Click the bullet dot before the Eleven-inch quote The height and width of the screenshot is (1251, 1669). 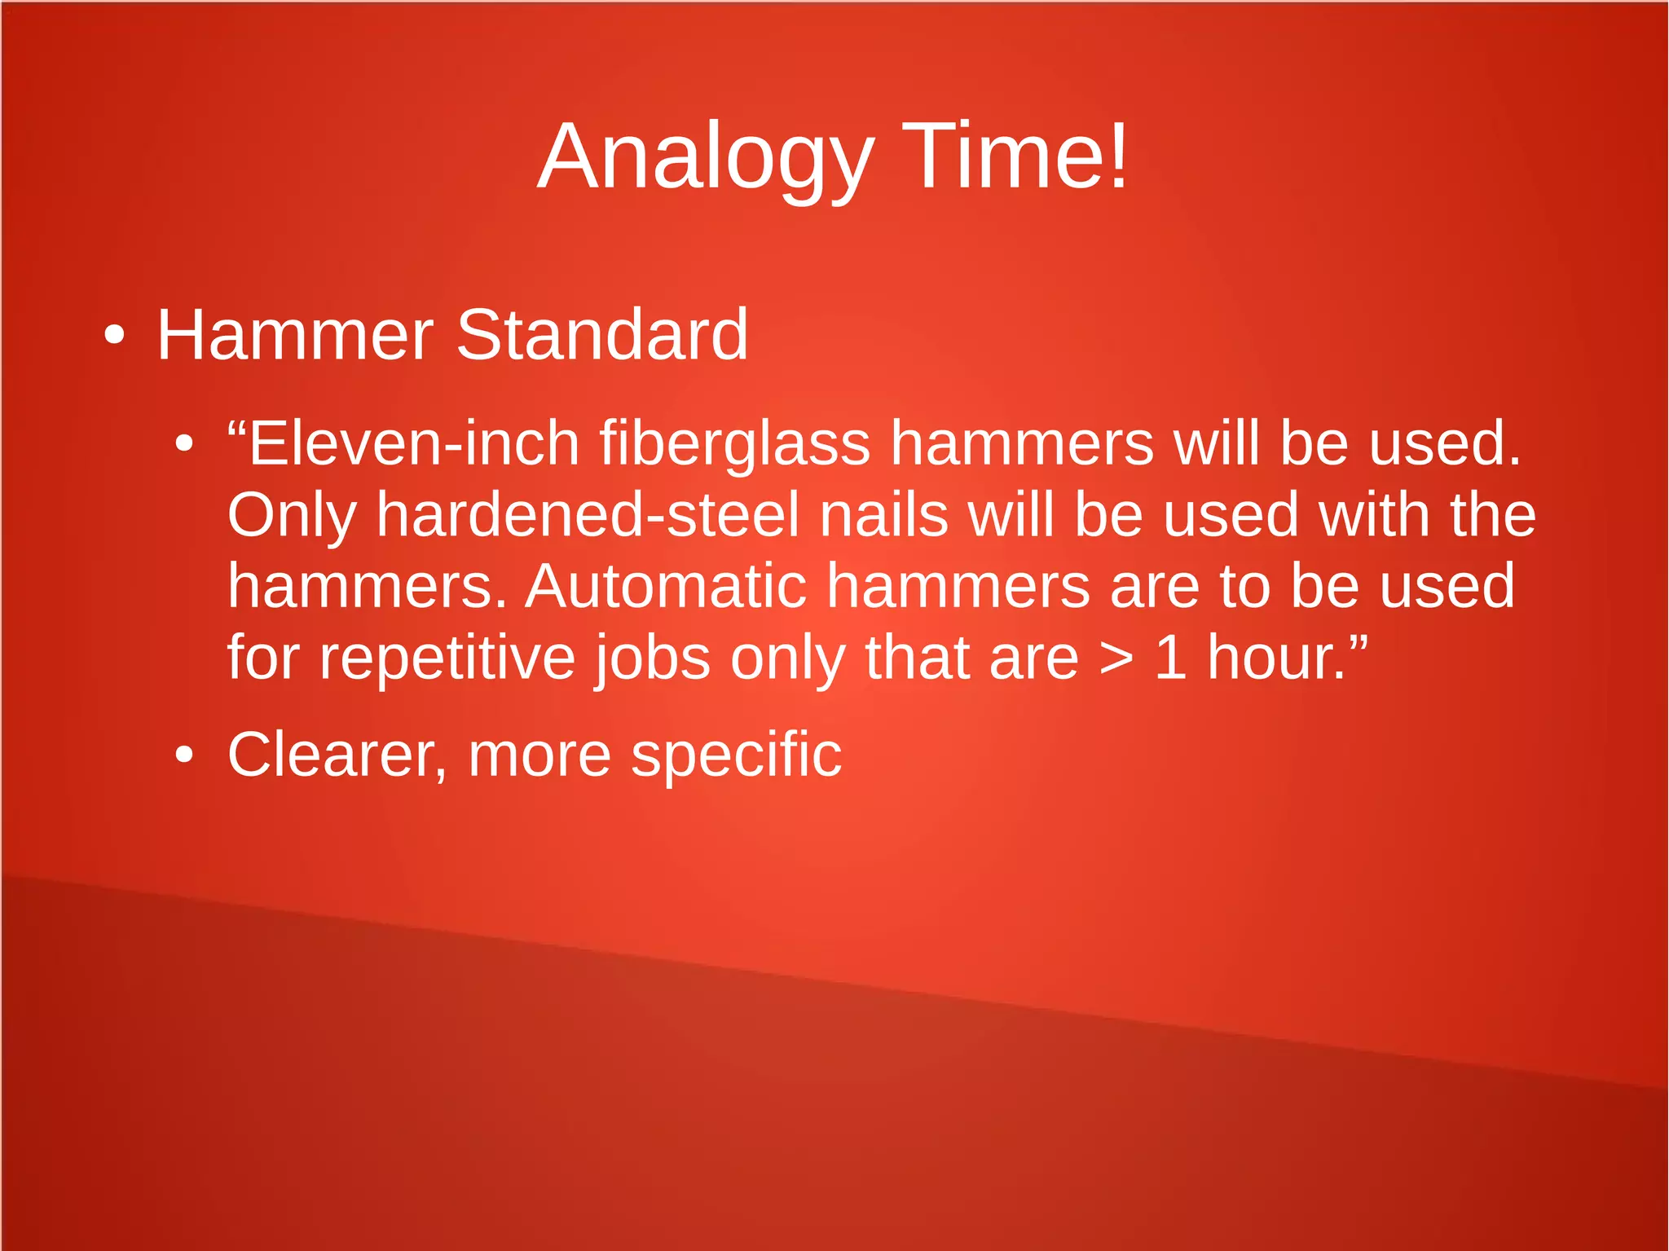(185, 444)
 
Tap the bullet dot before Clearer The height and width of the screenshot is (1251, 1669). (185, 755)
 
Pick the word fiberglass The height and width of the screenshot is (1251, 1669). (735, 445)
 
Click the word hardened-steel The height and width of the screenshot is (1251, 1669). (588, 515)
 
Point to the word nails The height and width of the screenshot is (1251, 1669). (883, 515)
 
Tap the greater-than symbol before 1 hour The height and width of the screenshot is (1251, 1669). (1115, 659)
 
